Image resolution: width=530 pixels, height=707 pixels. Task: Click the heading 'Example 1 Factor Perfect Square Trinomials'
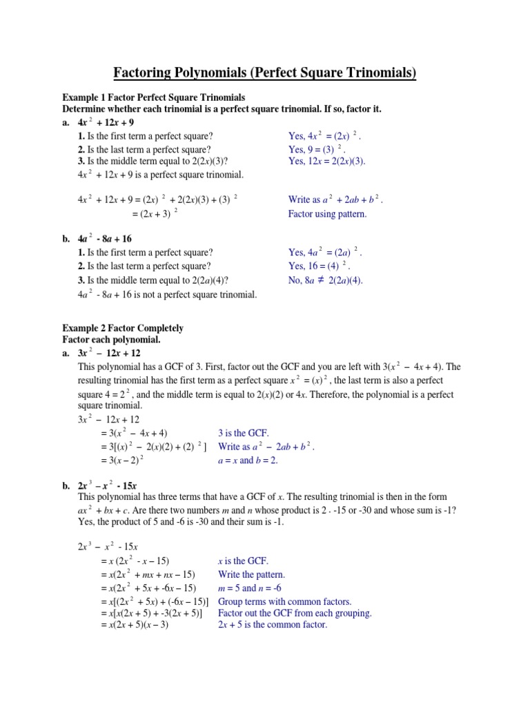[154, 97]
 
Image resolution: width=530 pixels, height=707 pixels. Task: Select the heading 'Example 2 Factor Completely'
[123, 328]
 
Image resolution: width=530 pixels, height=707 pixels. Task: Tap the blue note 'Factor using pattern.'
[327, 214]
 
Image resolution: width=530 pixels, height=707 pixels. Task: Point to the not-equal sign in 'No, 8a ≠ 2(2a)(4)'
[340, 280]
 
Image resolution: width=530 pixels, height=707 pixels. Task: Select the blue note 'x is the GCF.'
[243, 561]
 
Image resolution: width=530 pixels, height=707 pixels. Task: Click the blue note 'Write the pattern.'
[251, 574]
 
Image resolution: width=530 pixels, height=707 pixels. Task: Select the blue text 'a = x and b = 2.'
[248, 461]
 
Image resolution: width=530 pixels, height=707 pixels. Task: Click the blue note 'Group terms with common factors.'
[284, 601]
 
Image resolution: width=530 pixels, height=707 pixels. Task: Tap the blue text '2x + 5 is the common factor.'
[272, 625]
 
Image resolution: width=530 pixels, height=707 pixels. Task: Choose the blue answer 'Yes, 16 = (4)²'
[319, 266]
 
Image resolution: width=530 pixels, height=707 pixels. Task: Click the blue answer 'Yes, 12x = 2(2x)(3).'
[326, 162]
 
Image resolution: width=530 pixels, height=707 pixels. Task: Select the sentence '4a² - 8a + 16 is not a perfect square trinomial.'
[167, 295]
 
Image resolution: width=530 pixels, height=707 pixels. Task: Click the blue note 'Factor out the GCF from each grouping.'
[295, 613]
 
